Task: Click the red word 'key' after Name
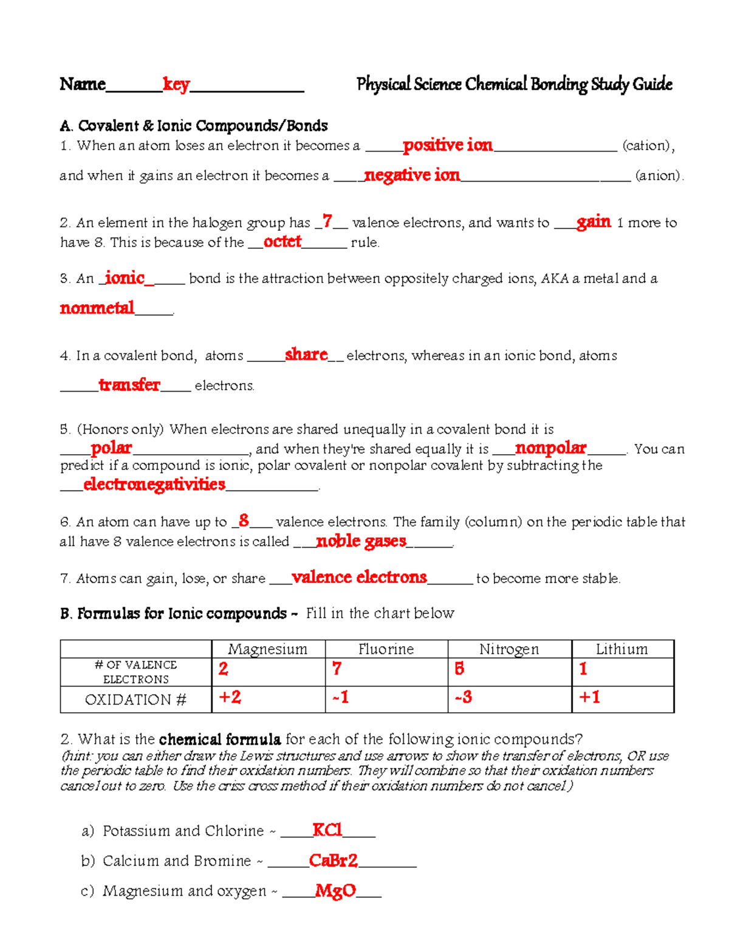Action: [176, 84]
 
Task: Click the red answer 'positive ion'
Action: [448, 145]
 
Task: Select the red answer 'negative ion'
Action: [412, 175]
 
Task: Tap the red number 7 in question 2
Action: [327, 221]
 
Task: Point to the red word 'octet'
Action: [282, 242]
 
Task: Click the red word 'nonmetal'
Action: [97, 308]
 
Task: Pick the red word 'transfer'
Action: [129, 385]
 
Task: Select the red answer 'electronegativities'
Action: [154, 484]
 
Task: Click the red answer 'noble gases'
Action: [361, 541]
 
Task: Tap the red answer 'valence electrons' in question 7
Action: [359, 577]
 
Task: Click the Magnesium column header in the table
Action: [268, 649]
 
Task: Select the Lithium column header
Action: [621, 649]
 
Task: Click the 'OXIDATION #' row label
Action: [135, 700]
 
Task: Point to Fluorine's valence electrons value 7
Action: [337, 669]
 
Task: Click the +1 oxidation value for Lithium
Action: [589, 697]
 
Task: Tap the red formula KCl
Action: [327, 830]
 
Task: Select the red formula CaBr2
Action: [333, 860]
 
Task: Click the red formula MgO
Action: [335, 891]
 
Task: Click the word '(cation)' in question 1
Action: [648, 146]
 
